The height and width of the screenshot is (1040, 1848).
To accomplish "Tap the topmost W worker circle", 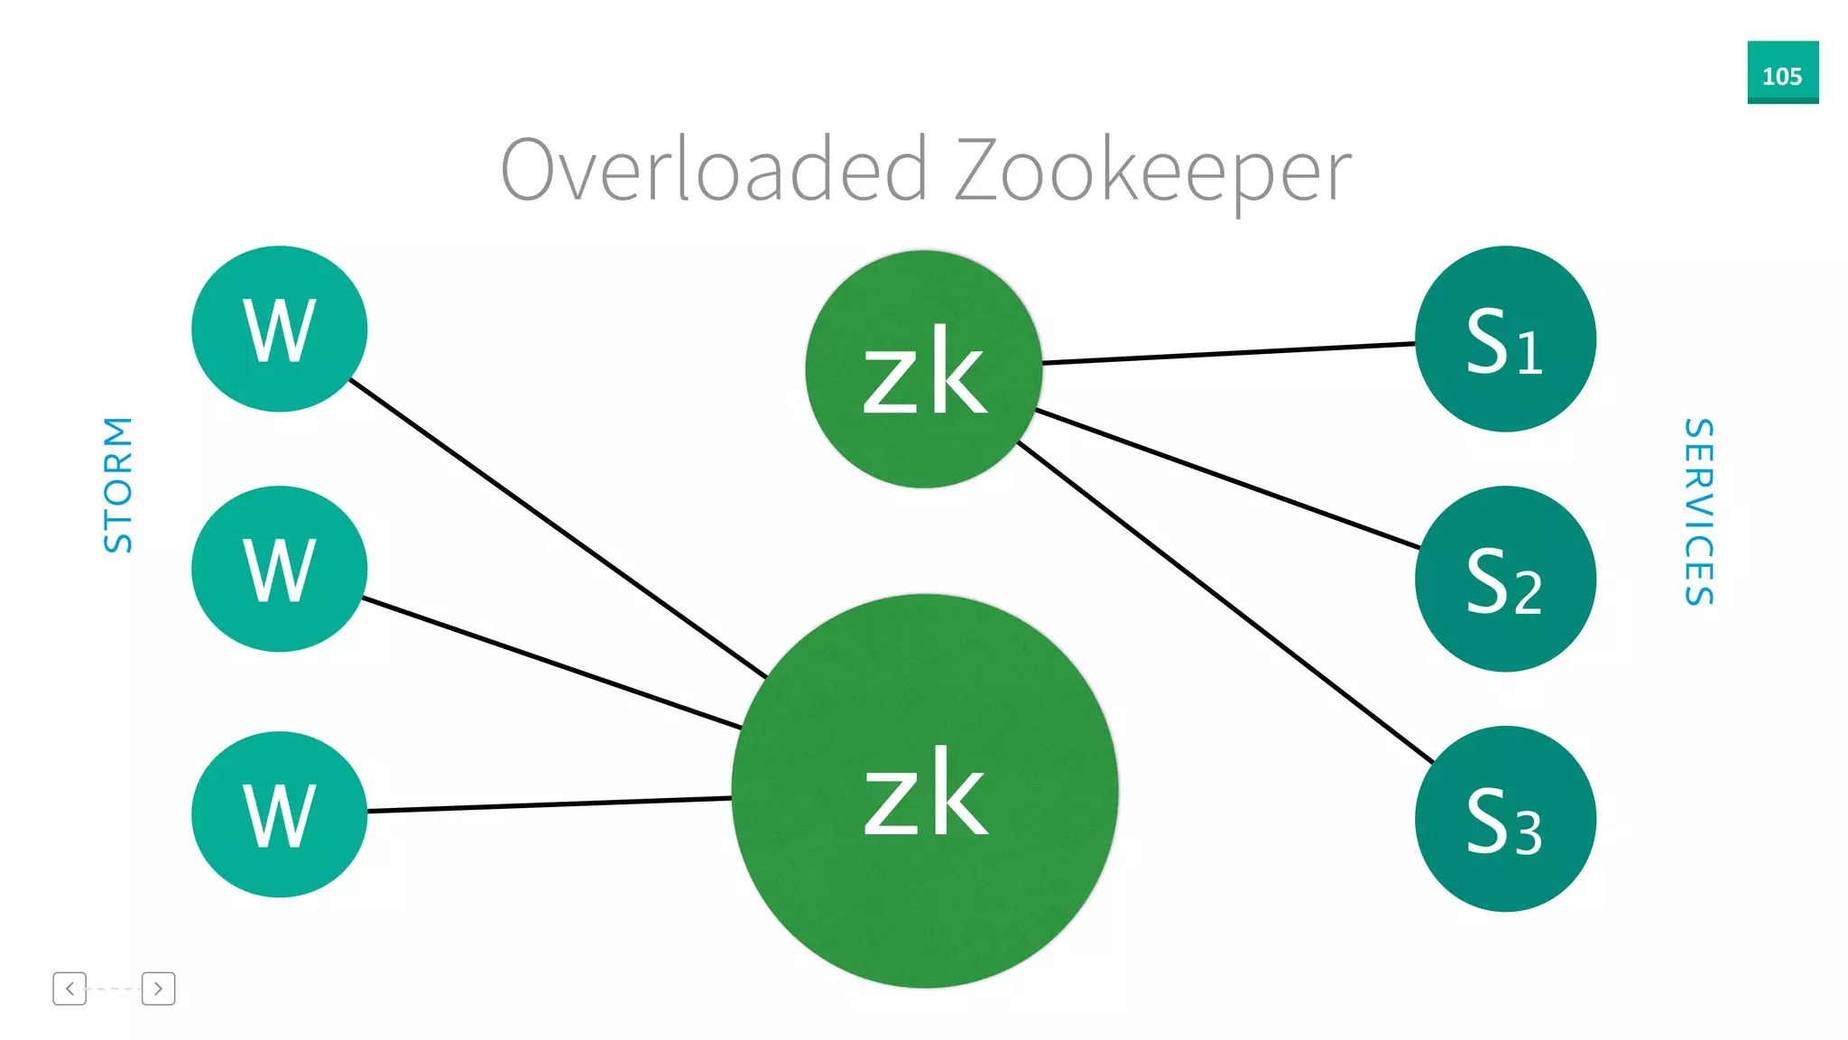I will [x=279, y=329].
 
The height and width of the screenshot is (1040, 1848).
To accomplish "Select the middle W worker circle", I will [x=279, y=569].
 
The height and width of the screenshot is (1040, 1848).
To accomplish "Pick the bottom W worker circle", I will [x=279, y=814].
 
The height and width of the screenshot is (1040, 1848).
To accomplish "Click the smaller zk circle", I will [x=923, y=369].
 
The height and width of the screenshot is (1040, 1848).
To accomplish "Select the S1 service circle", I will [x=1505, y=339].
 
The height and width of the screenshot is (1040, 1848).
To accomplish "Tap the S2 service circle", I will [x=1505, y=579].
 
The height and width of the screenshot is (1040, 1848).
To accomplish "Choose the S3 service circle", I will [x=1505, y=819].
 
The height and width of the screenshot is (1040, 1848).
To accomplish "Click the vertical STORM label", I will [x=118, y=485].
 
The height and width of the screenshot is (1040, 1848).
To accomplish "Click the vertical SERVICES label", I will [x=1698, y=512].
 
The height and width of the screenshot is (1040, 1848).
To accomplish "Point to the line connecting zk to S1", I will [x=1227, y=353].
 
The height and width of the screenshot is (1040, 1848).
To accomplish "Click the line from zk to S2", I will [x=1227, y=479].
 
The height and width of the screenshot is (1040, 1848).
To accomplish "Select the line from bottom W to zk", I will [x=549, y=804].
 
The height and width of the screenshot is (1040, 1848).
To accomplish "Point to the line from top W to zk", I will [x=558, y=528].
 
